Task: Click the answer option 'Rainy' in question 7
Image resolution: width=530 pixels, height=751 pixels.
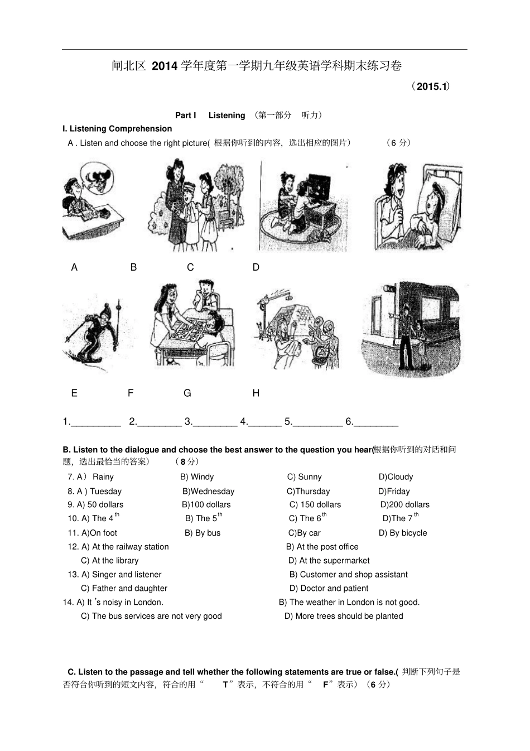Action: coord(103,476)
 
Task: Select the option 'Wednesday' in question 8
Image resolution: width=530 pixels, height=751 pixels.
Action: coord(213,491)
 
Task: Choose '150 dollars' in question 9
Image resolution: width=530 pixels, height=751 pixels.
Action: coord(320,504)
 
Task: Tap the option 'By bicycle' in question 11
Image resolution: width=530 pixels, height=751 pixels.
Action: coord(408,533)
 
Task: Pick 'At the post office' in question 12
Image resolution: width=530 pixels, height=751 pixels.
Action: coord(327,546)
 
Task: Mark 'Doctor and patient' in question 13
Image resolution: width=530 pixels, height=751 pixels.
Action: coord(334,588)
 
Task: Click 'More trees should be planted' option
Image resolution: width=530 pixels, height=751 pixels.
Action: coord(349,616)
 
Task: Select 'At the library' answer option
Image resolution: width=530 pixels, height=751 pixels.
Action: coord(115,560)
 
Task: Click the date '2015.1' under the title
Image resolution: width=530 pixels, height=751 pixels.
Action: coord(432,86)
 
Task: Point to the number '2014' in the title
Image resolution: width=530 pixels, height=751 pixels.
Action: coord(165,66)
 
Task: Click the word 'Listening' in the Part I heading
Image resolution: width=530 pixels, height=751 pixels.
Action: coord(227,115)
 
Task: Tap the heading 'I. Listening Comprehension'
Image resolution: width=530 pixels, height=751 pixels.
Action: coord(117,129)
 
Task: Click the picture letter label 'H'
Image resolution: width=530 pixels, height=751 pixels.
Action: coord(256,393)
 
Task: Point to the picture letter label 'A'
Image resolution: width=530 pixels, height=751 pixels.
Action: coord(74,267)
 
